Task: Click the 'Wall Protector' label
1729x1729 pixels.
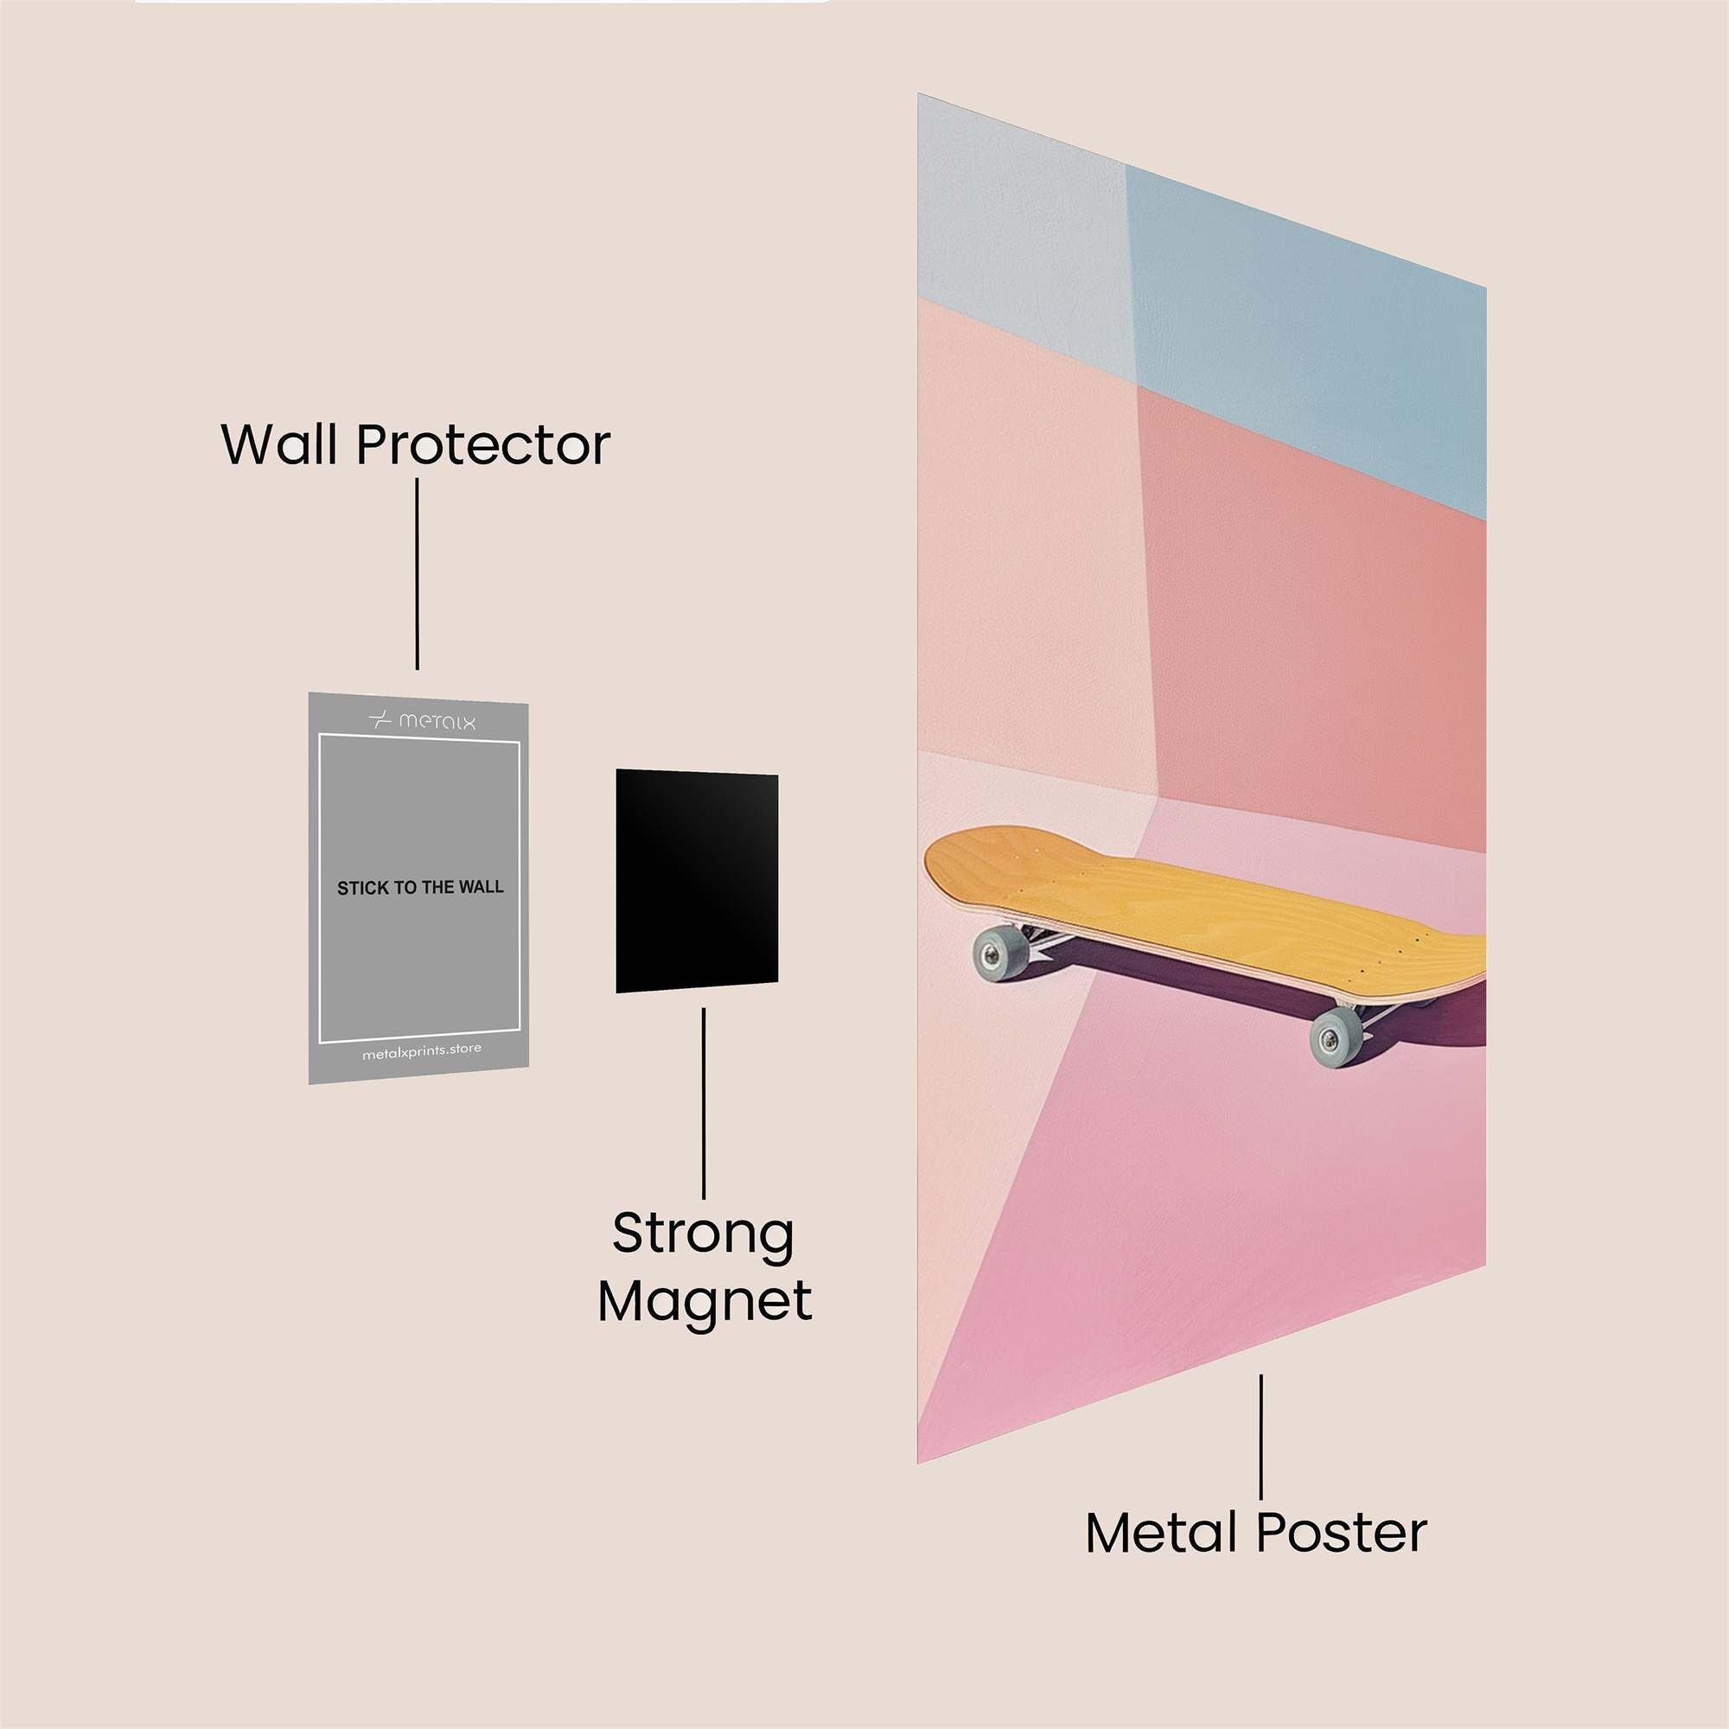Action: (x=415, y=443)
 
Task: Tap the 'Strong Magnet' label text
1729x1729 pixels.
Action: (x=705, y=1267)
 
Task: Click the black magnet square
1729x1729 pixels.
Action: (x=696, y=881)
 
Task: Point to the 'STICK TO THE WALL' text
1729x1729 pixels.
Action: (x=420, y=888)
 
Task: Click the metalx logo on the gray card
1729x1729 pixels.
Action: (x=423, y=720)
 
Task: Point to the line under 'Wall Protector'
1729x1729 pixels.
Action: (x=417, y=574)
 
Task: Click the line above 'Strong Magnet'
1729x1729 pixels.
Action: (x=704, y=1102)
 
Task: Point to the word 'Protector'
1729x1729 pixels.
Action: (x=483, y=444)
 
